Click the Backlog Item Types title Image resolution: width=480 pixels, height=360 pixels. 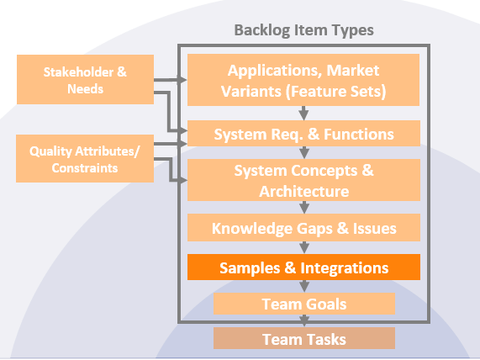(303, 30)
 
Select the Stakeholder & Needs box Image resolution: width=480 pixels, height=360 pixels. (85, 80)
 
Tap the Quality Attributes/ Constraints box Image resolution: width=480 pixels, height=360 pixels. (85, 159)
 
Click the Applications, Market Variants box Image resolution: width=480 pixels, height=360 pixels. (303, 79)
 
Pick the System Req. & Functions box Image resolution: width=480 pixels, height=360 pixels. (303, 134)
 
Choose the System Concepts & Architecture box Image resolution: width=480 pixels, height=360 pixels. (303, 181)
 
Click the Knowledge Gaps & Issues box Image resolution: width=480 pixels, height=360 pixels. (303, 227)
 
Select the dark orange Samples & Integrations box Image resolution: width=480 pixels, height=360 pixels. (303, 267)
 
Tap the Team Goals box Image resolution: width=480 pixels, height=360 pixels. (303, 304)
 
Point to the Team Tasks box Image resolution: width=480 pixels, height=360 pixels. (303, 339)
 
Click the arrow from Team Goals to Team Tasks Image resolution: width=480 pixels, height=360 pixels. (303, 320)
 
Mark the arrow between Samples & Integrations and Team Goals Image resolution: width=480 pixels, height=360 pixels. (303, 286)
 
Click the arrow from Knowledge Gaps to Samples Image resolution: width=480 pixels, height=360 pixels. (303, 247)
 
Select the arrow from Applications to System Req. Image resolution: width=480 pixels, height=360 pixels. (303, 113)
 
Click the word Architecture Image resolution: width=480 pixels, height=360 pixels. (303, 191)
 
